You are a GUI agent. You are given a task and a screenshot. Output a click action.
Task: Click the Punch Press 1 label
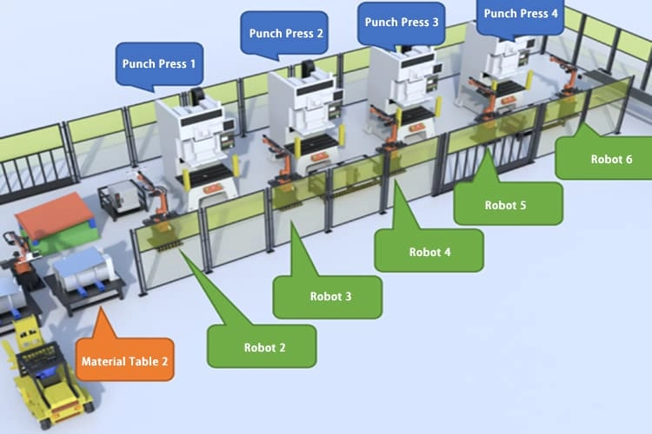click(x=159, y=63)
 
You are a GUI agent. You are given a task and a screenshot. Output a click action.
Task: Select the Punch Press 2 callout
click(x=286, y=34)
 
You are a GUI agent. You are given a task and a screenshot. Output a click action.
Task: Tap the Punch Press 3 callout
click(x=402, y=22)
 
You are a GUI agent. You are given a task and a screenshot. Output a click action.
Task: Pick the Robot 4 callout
click(x=429, y=252)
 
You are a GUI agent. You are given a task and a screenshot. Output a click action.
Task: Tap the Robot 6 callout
click(x=605, y=159)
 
